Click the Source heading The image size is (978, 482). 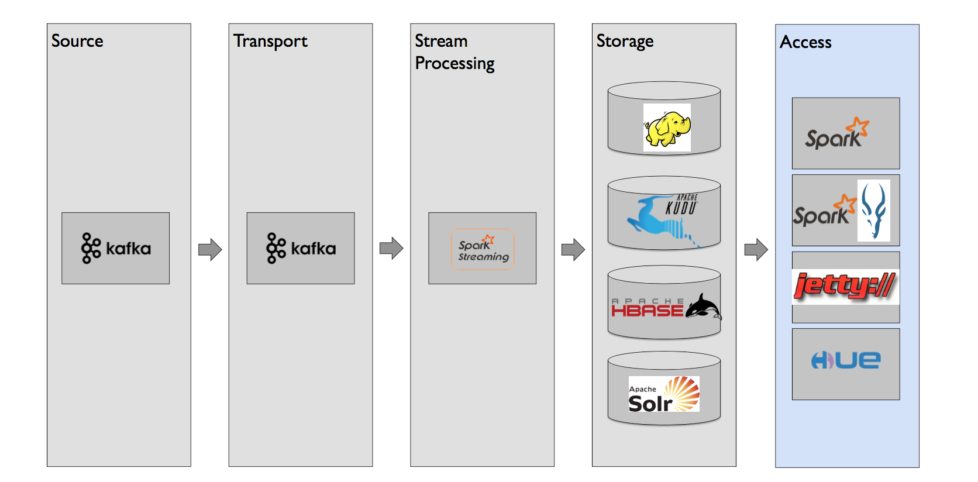tap(77, 41)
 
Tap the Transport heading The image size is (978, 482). tap(270, 42)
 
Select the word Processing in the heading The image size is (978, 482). tap(454, 64)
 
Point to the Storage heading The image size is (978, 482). tap(625, 42)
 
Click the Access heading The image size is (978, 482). tap(805, 42)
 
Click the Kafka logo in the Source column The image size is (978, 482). tap(116, 248)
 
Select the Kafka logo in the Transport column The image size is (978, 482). tap(301, 248)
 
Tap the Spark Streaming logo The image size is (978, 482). tap(483, 249)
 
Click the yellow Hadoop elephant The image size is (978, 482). tap(667, 128)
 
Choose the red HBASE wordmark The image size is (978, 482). tap(648, 307)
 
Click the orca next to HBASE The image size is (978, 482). tap(703, 307)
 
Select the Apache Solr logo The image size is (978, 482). tap(664, 394)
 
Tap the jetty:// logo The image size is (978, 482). tap(845, 287)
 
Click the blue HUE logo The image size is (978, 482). tap(846, 360)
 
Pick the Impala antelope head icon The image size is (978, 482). tap(874, 211)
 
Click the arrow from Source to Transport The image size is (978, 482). tap(210, 250)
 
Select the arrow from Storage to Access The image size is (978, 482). tap(756, 250)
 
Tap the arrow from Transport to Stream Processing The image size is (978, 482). tap(391, 249)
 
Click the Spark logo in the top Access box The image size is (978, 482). tap(838, 133)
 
